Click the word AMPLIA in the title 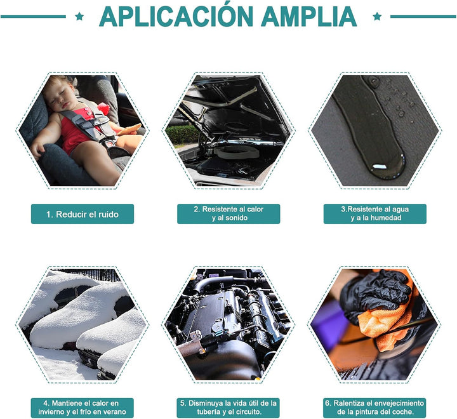(x=309, y=17)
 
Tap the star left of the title (x=79, y=17)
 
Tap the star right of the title (x=377, y=17)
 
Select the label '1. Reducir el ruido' (x=83, y=214)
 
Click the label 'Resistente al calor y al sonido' (x=228, y=214)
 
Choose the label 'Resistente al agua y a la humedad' (x=375, y=214)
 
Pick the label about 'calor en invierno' (x=82, y=408)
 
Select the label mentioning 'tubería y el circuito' (x=228, y=408)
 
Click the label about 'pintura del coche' (x=374, y=408)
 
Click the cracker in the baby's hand (x=129, y=130)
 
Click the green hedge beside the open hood (x=182, y=135)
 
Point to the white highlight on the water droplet (x=378, y=167)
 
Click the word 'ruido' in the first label (x=108, y=215)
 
